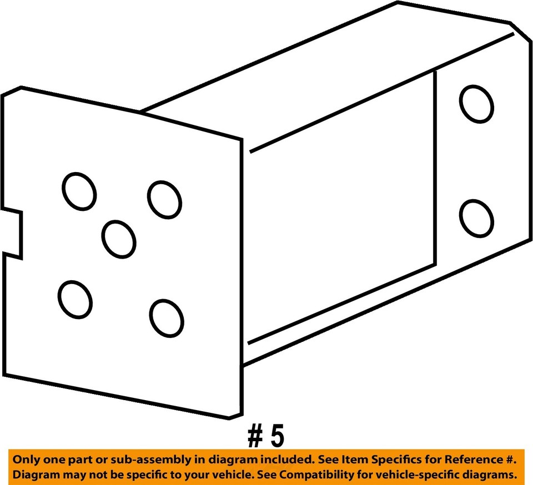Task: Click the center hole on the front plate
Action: coord(119,239)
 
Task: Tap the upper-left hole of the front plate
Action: coord(79,191)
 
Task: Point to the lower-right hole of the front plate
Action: coord(167,317)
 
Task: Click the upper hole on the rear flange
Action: coord(476,104)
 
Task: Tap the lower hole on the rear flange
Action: coord(477,218)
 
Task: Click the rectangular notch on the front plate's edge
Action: coord(12,234)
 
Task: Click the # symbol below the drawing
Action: coord(255,437)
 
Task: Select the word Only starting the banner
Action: coord(26,460)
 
